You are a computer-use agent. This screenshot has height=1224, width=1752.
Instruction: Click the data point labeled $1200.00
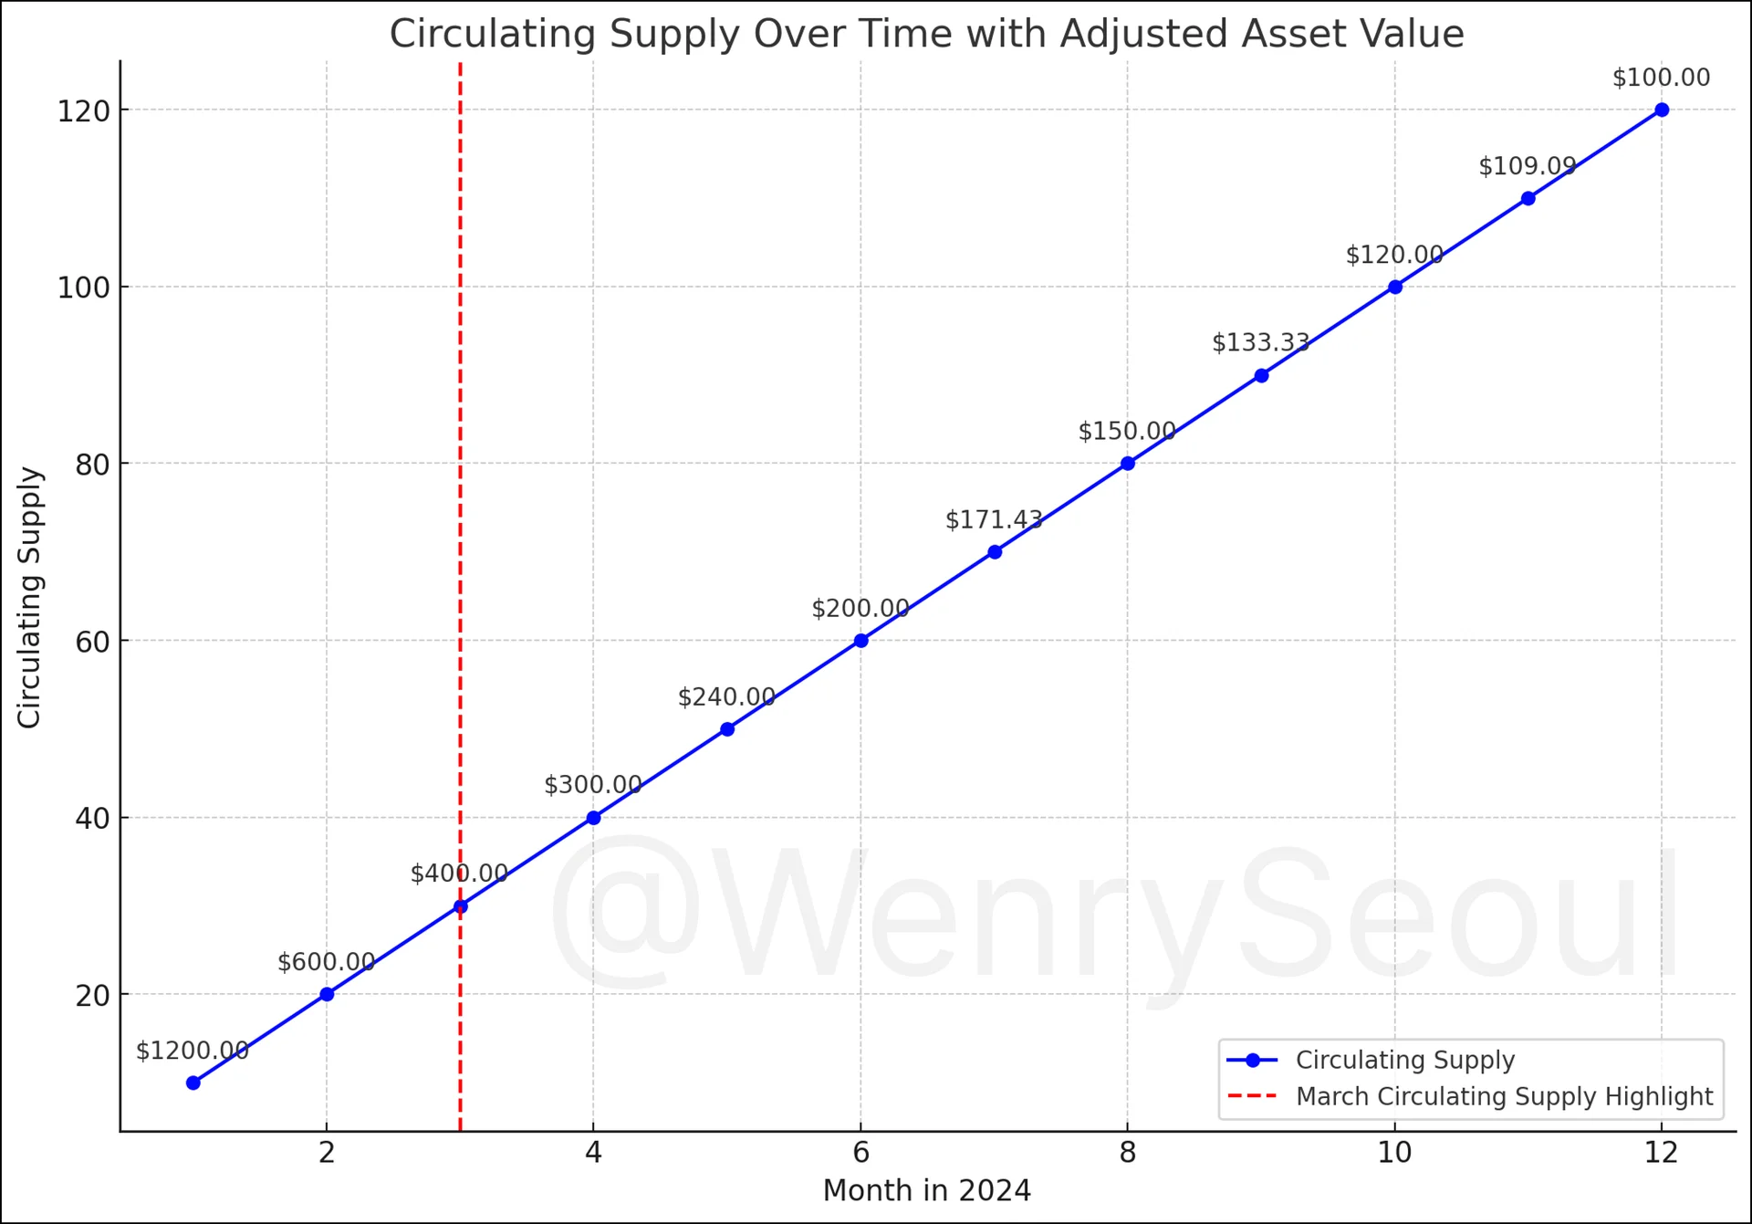(x=193, y=1083)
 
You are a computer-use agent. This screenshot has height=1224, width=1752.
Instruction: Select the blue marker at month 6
(x=860, y=641)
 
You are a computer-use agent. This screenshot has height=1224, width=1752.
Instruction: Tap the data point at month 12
(x=1662, y=110)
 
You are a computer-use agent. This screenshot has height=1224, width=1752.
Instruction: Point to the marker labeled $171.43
(x=995, y=552)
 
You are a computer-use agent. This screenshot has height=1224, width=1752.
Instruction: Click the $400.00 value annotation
(x=459, y=874)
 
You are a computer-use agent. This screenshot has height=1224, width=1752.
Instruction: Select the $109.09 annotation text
(x=1528, y=166)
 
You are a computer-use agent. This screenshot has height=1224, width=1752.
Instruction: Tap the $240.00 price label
(x=726, y=697)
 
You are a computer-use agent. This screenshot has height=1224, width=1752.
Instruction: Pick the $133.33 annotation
(x=1261, y=342)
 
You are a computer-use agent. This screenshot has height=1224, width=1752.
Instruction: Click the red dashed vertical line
(x=460, y=456)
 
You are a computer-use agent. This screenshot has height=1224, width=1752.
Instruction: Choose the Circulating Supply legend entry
(x=1404, y=1060)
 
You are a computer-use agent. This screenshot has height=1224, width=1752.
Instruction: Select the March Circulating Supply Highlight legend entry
(x=1504, y=1096)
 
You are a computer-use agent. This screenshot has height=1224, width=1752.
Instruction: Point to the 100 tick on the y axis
(x=84, y=288)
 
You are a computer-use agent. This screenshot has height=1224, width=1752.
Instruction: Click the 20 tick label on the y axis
(x=93, y=996)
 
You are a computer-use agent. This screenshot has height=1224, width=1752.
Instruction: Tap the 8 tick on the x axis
(x=1128, y=1153)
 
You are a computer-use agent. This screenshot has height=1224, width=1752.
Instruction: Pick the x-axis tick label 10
(x=1394, y=1153)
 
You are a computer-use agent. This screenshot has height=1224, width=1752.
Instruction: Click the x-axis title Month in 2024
(x=926, y=1191)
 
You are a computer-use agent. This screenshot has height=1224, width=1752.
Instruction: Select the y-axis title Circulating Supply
(x=30, y=597)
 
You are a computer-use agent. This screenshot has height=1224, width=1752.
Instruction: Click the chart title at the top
(x=926, y=35)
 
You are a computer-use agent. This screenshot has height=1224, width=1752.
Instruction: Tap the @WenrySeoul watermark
(x=1113, y=917)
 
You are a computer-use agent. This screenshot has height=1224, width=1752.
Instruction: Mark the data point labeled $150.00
(x=1128, y=464)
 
